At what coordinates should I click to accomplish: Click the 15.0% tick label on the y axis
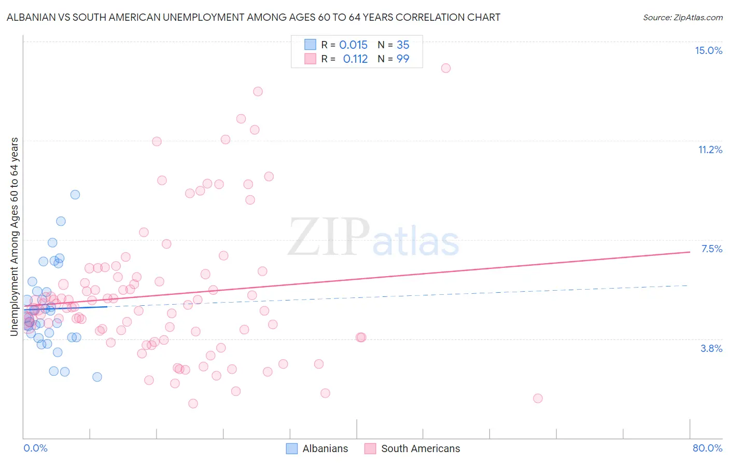(708, 50)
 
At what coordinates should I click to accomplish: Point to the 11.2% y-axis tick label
(710, 149)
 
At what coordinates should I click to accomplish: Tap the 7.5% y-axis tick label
(711, 249)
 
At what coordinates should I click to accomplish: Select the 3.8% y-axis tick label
(711, 348)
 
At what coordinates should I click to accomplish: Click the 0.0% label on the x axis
(35, 448)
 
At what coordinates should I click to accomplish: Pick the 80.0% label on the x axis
(707, 448)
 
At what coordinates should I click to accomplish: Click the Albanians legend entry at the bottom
(317, 448)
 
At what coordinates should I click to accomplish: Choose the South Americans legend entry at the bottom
(412, 448)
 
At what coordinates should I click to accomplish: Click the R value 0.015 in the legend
(353, 45)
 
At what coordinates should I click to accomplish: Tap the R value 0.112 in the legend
(355, 59)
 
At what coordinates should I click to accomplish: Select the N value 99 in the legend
(403, 59)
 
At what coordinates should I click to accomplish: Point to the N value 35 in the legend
(403, 45)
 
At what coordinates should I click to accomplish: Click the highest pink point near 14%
(445, 68)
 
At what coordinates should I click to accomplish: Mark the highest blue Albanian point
(75, 195)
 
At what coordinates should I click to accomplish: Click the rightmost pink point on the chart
(538, 398)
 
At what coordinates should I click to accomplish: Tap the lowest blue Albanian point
(97, 377)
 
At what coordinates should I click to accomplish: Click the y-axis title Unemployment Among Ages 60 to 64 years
(15, 236)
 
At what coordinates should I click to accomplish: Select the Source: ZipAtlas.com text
(682, 18)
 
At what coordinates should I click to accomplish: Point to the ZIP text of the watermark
(329, 237)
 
